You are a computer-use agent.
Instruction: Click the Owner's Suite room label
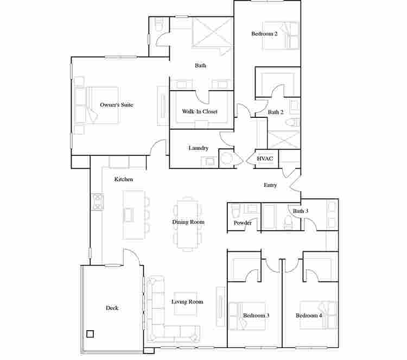click(x=117, y=105)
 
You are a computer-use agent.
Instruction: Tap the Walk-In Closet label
click(x=200, y=111)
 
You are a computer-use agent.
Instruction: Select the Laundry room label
click(x=199, y=148)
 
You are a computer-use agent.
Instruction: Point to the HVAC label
click(x=265, y=159)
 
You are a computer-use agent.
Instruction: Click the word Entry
click(x=270, y=185)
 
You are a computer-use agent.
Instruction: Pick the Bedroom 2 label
click(x=264, y=34)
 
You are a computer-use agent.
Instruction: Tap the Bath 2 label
click(x=276, y=112)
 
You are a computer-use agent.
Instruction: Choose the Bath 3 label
click(x=301, y=211)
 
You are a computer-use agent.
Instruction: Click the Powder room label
click(x=243, y=223)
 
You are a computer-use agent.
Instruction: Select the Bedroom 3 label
click(x=256, y=315)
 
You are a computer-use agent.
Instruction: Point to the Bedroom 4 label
click(x=309, y=315)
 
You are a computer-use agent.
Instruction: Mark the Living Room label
click(x=187, y=302)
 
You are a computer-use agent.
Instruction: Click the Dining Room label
click(x=188, y=222)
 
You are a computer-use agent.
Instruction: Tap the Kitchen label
click(x=124, y=179)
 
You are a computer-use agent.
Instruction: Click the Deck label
click(x=112, y=308)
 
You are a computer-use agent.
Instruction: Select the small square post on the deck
click(x=90, y=334)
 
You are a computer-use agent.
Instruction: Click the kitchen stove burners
click(x=97, y=202)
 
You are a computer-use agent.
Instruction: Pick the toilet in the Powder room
click(x=236, y=211)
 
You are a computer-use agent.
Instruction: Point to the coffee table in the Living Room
click(x=185, y=304)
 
